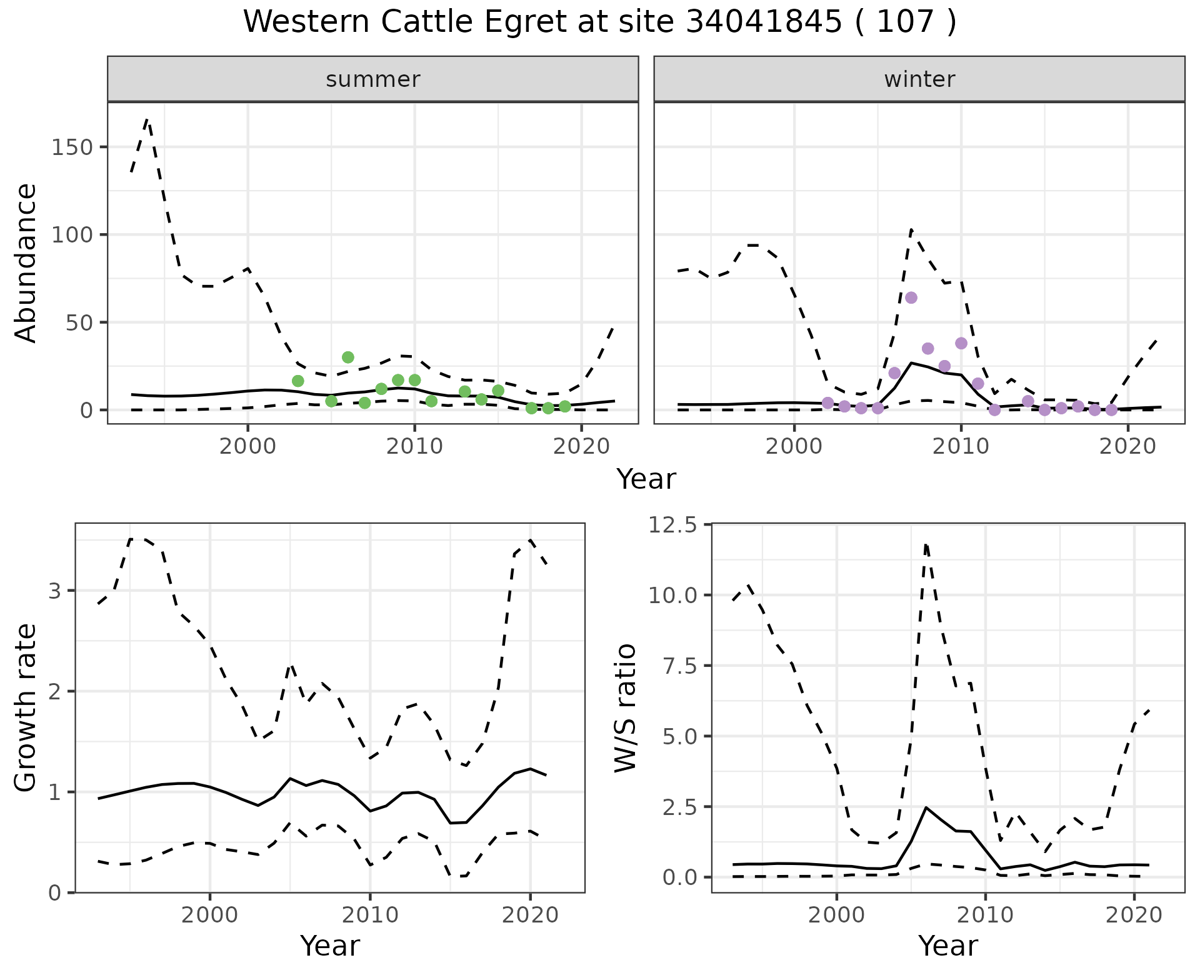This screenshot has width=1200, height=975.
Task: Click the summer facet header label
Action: pos(373,79)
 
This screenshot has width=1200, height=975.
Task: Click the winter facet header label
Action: pos(919,79)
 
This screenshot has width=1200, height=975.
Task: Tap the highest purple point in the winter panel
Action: pos(911,297)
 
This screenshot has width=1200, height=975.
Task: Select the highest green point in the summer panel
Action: pos(348,357)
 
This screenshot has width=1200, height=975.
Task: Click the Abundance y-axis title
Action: pos(26,262)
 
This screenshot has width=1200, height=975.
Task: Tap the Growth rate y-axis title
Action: pos(26,707)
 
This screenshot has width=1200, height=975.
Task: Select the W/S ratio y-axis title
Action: pos(625,707)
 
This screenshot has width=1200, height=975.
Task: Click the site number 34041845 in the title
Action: pos(764,22)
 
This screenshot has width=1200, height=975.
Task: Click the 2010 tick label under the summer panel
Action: pos(414,446)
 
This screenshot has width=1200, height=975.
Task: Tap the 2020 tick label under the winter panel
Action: pos(1127,446)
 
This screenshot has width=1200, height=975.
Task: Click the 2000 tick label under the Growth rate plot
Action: pos(210,915)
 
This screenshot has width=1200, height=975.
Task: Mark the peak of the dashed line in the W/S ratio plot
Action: pos(926,544)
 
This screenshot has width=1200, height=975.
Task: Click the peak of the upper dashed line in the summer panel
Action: pos(147,119)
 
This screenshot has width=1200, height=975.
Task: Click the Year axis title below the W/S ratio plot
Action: pos(947,946)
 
